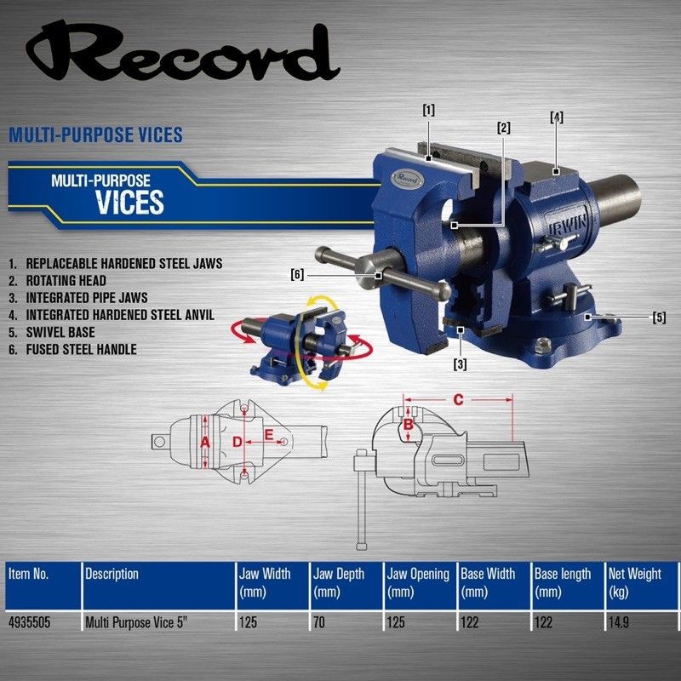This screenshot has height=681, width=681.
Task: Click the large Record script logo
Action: coord(182,52)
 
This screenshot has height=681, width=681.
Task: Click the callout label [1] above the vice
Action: coord(429,111)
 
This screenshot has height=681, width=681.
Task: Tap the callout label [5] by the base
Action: coord(659,318)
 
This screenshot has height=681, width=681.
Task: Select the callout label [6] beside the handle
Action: coord(297,274)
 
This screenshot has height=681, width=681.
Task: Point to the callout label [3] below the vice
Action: coord(460,364)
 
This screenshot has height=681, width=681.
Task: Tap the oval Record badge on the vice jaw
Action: coord(408,179)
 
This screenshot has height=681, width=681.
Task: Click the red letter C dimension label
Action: coord(459,399)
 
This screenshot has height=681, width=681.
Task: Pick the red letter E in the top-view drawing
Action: coord(269,435)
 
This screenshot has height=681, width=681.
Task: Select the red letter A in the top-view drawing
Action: coord(205,443)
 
